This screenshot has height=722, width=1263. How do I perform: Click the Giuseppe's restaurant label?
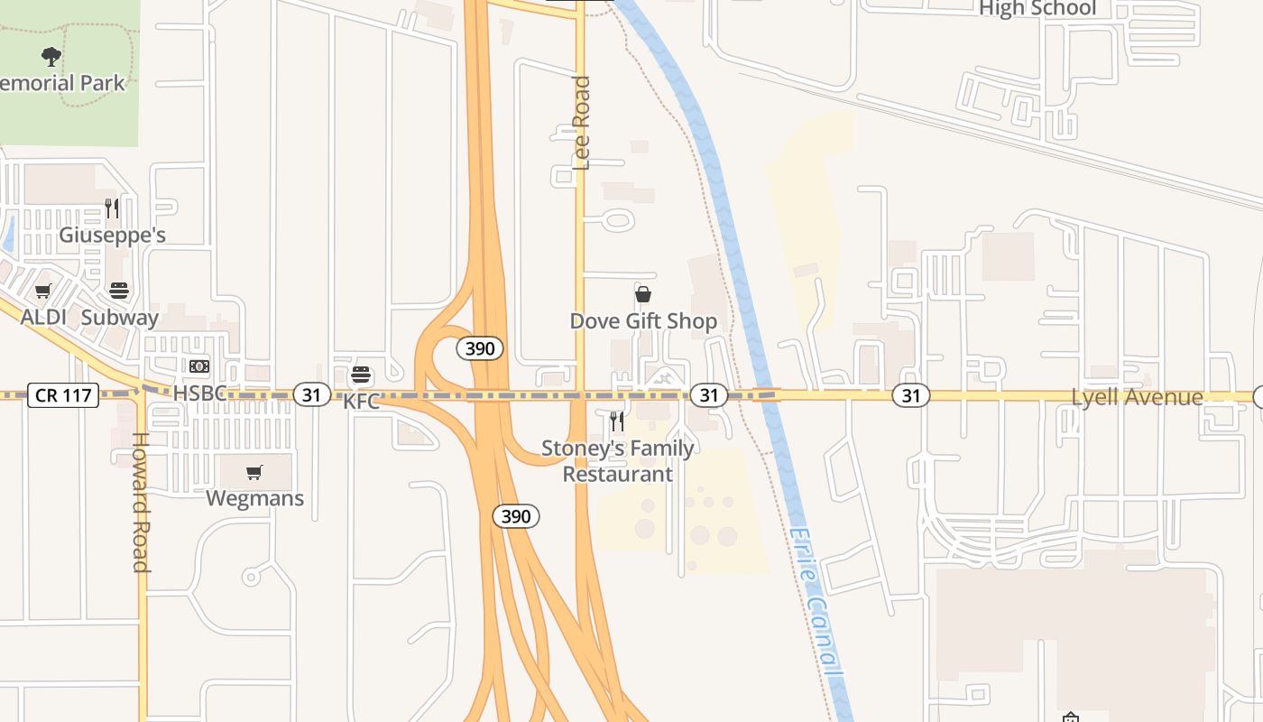(112, 236)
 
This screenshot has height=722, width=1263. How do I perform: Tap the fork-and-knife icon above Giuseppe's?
(112, 208)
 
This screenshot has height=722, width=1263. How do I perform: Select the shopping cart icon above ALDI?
(42, 292)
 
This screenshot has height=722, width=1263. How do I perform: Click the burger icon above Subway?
(119, 291)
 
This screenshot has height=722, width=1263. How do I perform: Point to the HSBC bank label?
(199, 393)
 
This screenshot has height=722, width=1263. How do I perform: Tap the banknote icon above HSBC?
(199, 366)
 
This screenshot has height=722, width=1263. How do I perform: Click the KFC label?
(362, 402)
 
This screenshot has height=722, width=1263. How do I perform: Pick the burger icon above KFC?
(362, 375)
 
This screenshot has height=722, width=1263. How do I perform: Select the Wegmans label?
(255, 498)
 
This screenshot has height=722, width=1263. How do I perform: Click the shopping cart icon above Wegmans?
(254, 472)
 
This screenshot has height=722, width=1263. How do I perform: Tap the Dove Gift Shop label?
(643, 321)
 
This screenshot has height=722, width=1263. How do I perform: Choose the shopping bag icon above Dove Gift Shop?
(643, 294)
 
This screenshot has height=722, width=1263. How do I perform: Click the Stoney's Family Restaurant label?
(618, 461)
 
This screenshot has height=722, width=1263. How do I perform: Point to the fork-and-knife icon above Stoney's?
(617, 421)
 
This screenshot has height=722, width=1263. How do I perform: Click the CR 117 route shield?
(62, 395)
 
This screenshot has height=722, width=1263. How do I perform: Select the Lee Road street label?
(582, 123)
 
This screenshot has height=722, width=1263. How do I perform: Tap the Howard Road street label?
(142, 503)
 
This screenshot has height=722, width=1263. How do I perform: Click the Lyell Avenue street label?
(1137, 397)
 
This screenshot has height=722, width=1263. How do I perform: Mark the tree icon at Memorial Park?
(51, 57)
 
